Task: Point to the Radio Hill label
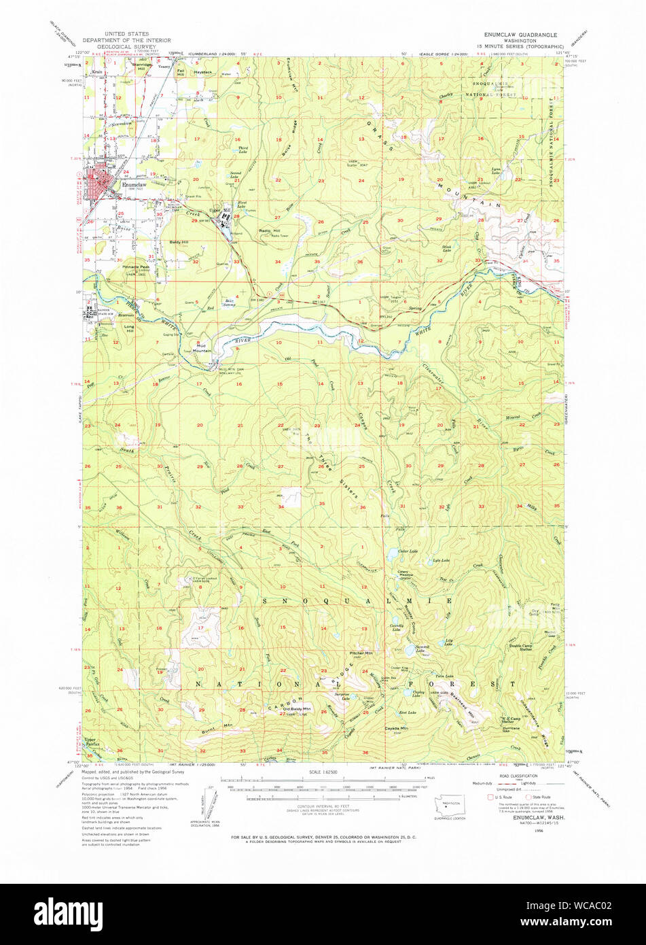(270, 231)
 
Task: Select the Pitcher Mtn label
(360, 653)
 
